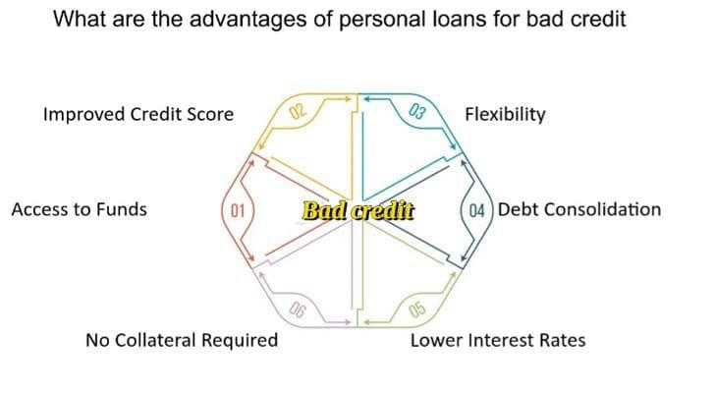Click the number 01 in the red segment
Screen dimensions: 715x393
pos(238,210)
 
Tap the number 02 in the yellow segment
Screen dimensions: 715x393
pos(298,111)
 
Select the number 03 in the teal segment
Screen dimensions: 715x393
pos(417,111)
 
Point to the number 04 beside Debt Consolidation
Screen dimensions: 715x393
pos(476,210)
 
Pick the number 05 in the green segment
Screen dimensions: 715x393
pos(417,309)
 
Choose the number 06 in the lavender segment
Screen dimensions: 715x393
pos(297,310)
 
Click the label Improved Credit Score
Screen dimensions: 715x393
pos(138,114)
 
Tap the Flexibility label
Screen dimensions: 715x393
pos(505,114)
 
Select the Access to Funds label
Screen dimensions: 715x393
pos(80,209)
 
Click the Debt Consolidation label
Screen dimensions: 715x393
pos(579,209)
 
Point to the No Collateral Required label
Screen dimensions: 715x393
pos(182,341)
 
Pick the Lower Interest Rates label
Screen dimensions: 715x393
pos(498,341)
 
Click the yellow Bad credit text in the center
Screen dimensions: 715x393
pos(358,210)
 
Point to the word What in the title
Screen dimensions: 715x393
pos(78,19)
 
